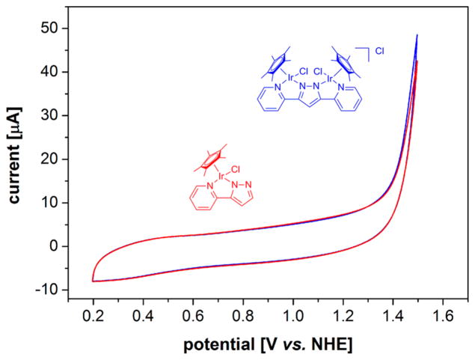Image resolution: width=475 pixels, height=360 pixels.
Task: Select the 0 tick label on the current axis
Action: [55, 246]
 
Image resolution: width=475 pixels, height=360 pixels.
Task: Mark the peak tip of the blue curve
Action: [417, 35]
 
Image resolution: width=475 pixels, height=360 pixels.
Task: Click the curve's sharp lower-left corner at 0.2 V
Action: [93, 280]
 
